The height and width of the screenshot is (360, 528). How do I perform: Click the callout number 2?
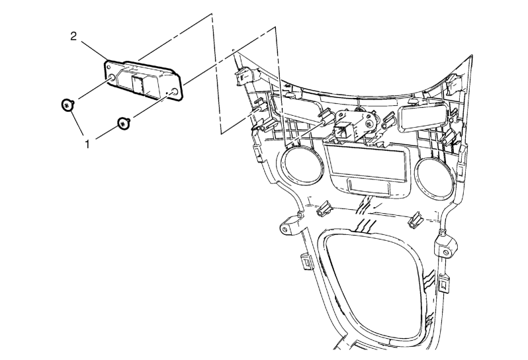[x=73, y=36]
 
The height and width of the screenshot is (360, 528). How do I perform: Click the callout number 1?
[x=87, y=145]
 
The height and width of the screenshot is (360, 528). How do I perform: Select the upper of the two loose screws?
[x=67, y=105]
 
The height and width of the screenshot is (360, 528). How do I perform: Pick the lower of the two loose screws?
[x=124, y=124]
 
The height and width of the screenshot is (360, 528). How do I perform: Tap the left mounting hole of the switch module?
[x=112, y=79]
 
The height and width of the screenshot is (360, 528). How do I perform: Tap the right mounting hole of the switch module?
[x=175, y=92]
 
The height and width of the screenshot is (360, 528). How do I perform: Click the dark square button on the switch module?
[x=138, y=84]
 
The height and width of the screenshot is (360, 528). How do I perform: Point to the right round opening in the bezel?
[x=435, y=174]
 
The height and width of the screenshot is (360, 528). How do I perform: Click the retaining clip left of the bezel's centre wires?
[x=324, y=209]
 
